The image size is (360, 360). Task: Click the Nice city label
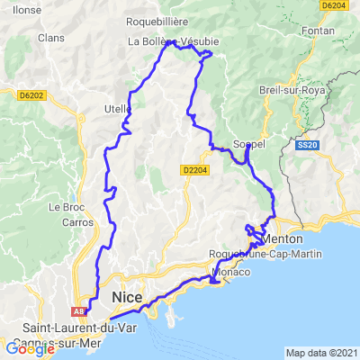(127, 297)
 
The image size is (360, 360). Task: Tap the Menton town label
(284, 238)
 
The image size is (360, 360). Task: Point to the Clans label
(50, 38)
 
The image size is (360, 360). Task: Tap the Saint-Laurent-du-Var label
(53, 327)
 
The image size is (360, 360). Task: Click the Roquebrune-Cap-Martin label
(247, 254)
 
